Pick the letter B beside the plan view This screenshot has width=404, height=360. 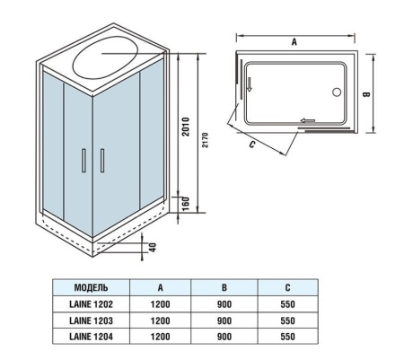pos(367,92)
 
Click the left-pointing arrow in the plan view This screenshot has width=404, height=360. pos(308,120)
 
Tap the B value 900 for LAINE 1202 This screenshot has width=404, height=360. pos(225,305)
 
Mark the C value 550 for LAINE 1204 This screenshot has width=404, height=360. pos(287,336)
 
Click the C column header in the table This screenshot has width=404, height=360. pos(287,290)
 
